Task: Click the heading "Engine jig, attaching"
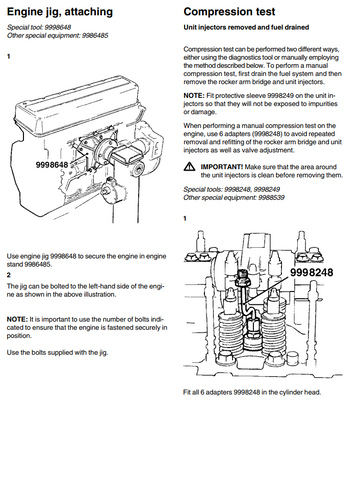point(60,12)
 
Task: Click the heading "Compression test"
point(229,12)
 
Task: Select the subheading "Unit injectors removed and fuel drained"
point(246,27)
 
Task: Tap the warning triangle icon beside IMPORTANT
point(189,166)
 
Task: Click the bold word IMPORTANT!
point(222,167)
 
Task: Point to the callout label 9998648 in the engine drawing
point(52,165)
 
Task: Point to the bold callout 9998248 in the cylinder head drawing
point(312,272)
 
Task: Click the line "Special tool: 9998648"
point(39,27)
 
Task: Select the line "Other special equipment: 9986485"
point(58,36)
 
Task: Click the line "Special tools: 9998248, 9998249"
point(232,189)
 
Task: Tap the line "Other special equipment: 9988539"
point(234,198)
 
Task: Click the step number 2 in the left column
point(9,275)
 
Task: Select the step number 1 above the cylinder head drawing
point(185,219)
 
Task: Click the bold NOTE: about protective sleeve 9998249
point(194,96)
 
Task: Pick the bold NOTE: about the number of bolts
point(17,319)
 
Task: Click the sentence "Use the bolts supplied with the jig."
point(57,353)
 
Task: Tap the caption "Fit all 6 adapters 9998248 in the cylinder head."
point(252,392)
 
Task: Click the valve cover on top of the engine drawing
point(78,102)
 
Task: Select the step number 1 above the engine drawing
point(9,56)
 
